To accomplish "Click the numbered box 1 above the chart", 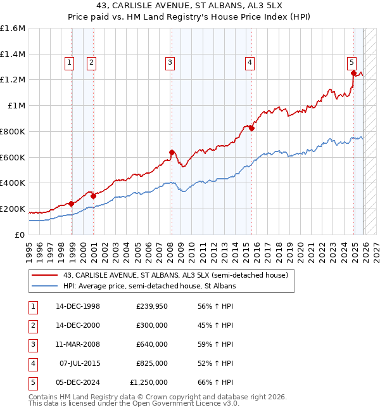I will tap(68, 62).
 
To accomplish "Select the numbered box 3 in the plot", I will tap(170, 62).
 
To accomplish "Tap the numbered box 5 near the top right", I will tap(351, 62).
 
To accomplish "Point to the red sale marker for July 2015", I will tap(251, 128).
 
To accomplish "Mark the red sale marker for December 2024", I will tap(353, 73).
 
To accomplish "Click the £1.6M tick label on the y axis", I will tap(12, 29).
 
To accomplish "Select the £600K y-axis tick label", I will tap(12, 157).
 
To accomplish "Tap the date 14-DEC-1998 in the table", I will tap(78, 306).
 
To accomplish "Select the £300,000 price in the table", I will tap(151, 325).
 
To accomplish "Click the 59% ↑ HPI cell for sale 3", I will tap(213, 344).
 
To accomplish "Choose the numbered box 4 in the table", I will tap(33, 363).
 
